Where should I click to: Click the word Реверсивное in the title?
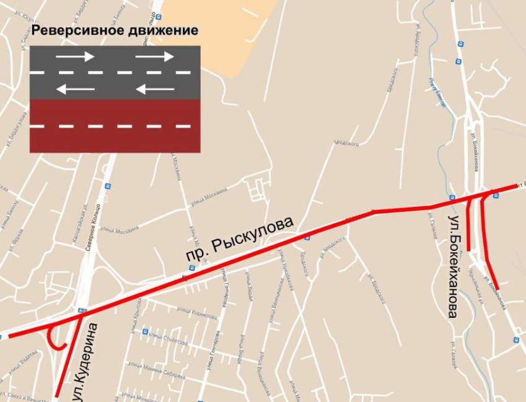[x=71, y=31]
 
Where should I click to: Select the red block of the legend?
[x=115, y=126]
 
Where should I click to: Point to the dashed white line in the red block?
[x=115, y=126]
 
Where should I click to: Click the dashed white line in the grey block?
[x=115, y=72]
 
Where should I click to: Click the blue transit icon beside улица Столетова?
[x=144, y=331]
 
